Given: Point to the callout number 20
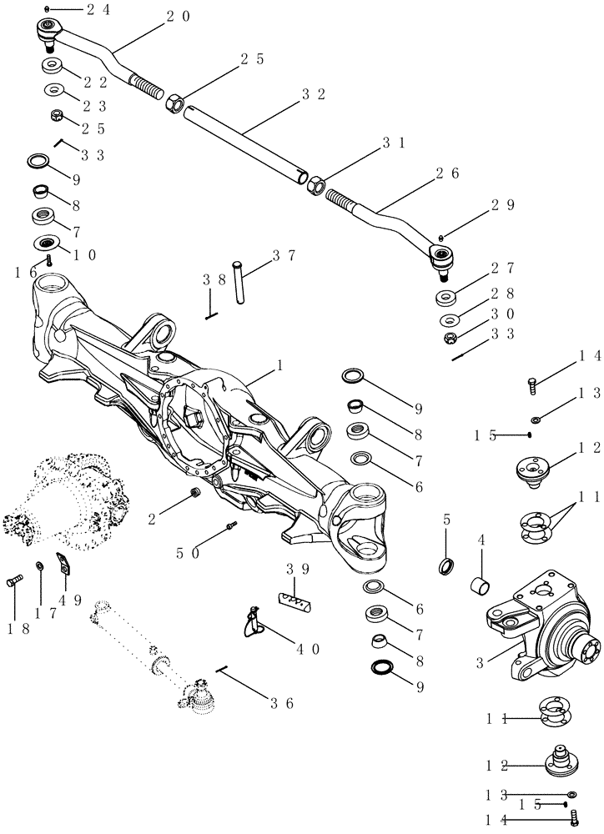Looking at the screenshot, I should coord(179,16).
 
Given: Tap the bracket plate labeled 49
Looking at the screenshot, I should coord(62,564).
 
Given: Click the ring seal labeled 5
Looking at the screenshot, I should coord(447,567).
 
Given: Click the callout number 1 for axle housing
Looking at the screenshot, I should coord(280,365).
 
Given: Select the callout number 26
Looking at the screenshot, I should coord(448,173).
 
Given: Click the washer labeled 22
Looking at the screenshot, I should coord(57,67).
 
